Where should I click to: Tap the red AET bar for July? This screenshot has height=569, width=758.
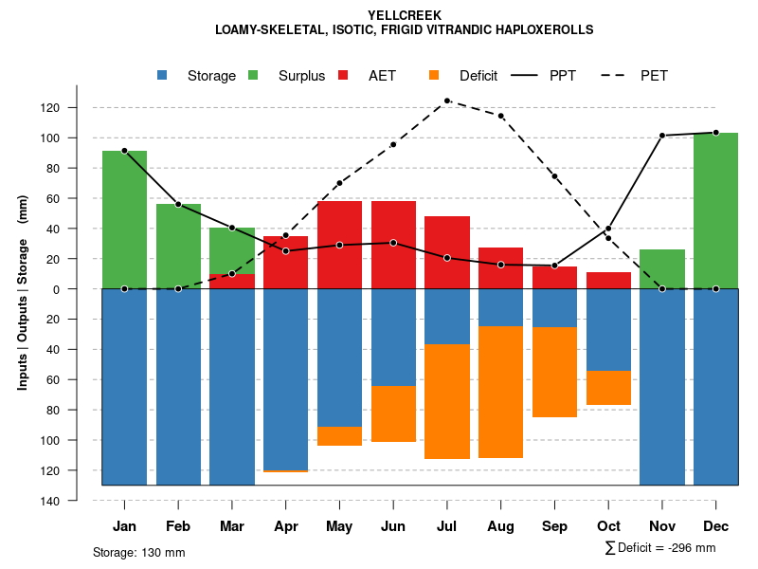[x=447, y=252]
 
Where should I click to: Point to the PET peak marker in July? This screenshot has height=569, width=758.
[x=447, y=101]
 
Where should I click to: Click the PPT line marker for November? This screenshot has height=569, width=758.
[x=662, y=136]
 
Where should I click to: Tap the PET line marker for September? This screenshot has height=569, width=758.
[x=554, y=176]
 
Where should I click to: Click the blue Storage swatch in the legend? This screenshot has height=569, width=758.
[x=164, y=75]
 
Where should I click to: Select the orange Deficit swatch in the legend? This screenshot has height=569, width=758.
[x=434, y=75]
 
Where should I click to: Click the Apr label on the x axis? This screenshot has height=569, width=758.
[x=285, y=526]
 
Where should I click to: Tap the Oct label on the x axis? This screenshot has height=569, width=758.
[x=608, y=526]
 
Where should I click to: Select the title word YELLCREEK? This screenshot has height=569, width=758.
[x=404, y=15]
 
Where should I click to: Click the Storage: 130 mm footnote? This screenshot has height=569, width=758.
[x=139, y=552]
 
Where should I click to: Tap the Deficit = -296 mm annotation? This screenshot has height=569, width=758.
[x=660, y=547]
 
